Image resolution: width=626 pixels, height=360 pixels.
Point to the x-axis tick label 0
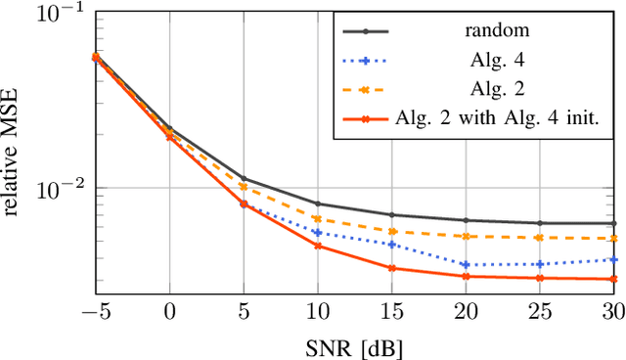pyautogui.click(x=169, y=311)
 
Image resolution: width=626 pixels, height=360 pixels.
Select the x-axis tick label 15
pyautogui.click(x=391, y=311)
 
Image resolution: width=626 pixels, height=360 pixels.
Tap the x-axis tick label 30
pyautogui.click(x=613, y=311)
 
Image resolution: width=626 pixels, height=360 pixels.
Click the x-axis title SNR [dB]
pyautogui.click(x=354, y=345)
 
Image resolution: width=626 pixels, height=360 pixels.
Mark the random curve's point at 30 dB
pyautogui.click(x=614, y=223)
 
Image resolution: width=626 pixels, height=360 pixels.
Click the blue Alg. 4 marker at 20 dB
pyautogui.click(x=466, y=265)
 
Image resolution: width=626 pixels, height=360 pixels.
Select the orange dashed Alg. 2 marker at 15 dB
pyautogui.click(x=391, y=232)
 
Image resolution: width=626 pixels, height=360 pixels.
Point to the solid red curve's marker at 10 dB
pyautogui.click(x=318, y=246)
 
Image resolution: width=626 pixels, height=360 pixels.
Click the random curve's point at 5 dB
pyautogui.click(x=244, y=180)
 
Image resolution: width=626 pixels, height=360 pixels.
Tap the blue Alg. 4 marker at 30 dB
pyautogui.click(x=614, y=259)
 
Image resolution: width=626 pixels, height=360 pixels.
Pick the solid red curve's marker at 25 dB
pyautogui.click(x=540, y=278)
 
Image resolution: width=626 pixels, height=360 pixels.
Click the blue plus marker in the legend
pyautogui.click(x=365, y=61)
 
